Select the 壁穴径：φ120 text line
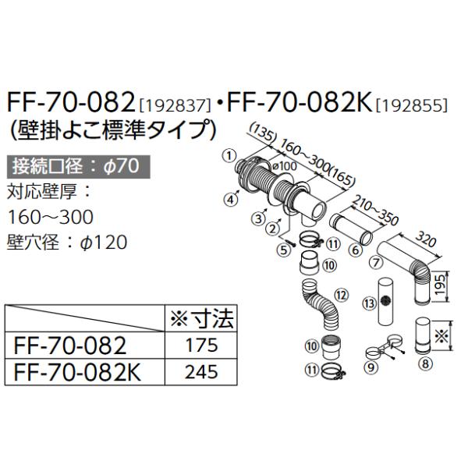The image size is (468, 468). (67, 242)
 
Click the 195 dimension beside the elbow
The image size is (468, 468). (439, 281)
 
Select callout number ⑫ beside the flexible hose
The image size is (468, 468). (340, 295)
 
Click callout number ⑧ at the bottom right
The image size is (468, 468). (425, 363)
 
